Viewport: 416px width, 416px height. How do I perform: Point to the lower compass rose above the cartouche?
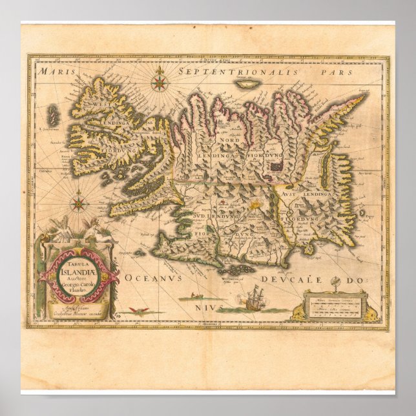point(79,204)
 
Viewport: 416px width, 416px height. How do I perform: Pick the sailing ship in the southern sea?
point(251,300)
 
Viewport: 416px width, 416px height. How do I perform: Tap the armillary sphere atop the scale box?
point(335,284)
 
